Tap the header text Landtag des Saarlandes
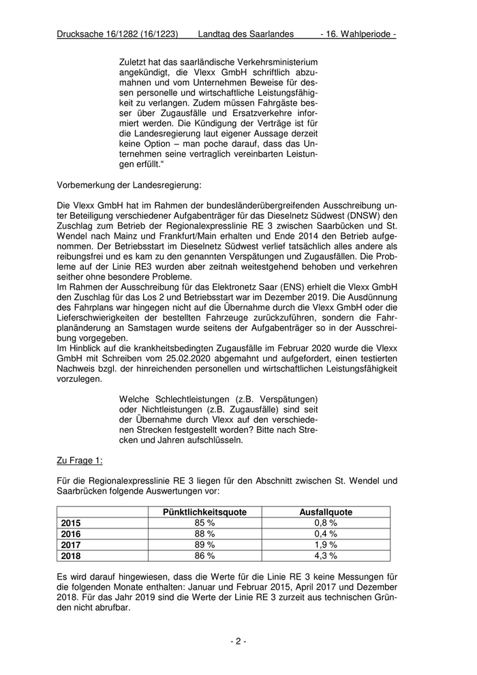[247, 33]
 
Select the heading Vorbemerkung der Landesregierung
[129, 185]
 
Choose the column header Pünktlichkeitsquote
[205, 511]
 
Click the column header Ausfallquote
[326, 511]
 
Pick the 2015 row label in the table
[71, 523]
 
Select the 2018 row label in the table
[71, 556]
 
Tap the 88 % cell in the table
[205, 534]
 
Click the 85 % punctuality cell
[205, 523]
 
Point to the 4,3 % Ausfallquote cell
[326, 556]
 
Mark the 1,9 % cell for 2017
[326, 545]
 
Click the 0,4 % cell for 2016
[326, 534]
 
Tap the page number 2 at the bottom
[238, 641]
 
